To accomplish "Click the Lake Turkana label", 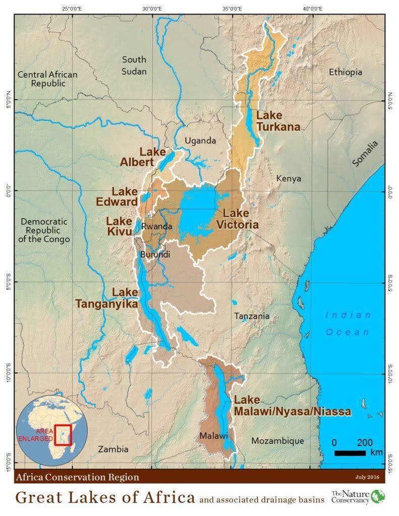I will coord(278,121).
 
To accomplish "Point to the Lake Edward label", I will coord(117,197).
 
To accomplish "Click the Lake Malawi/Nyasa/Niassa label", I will coord(292,406).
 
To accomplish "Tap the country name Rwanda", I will coord(157,227).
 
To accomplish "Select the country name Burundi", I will coord(155,254).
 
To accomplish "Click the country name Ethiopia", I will coord(346,72).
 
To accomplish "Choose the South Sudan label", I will coord(134,66).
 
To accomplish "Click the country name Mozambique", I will coord(277,441).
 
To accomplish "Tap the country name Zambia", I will coord(113,449).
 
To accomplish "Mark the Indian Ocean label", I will coord(348,324).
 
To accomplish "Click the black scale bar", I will coord(350,454).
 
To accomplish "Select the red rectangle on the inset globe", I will coord(63,435).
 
